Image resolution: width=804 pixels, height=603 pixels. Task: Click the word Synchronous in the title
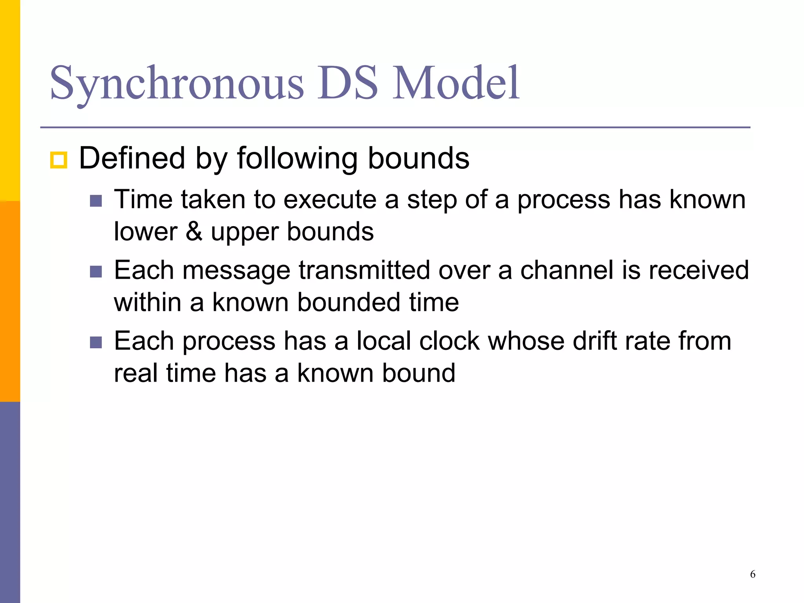tap(177, 83)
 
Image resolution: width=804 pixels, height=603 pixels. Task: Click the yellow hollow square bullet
tap(58, 160)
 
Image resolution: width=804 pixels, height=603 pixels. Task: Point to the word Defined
tap(132, 158)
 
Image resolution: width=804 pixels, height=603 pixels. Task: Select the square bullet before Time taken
tap(96, 201)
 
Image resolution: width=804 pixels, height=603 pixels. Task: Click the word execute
tap(330, 200)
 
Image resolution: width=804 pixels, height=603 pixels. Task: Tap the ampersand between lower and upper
tap(194, 232)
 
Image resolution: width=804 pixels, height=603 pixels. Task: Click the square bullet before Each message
tap(96, 272)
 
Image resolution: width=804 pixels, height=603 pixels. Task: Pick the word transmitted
tap(364, 270)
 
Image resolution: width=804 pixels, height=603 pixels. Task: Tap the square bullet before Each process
tap(96, 342)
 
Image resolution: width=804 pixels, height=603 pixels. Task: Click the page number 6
tap(752, 574)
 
